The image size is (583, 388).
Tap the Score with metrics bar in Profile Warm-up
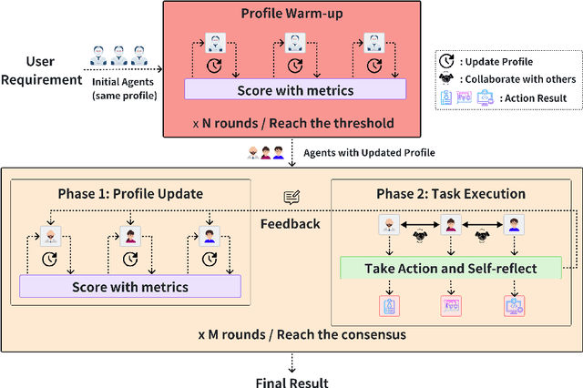point(294,90)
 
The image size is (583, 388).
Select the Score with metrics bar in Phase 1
point(130,287)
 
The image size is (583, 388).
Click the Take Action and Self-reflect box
point(451,268)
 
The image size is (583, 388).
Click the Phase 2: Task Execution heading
point(451,194)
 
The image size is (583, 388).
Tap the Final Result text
point(292,382)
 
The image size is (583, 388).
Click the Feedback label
point(291,222)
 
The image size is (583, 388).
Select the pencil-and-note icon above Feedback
point(291,198)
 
